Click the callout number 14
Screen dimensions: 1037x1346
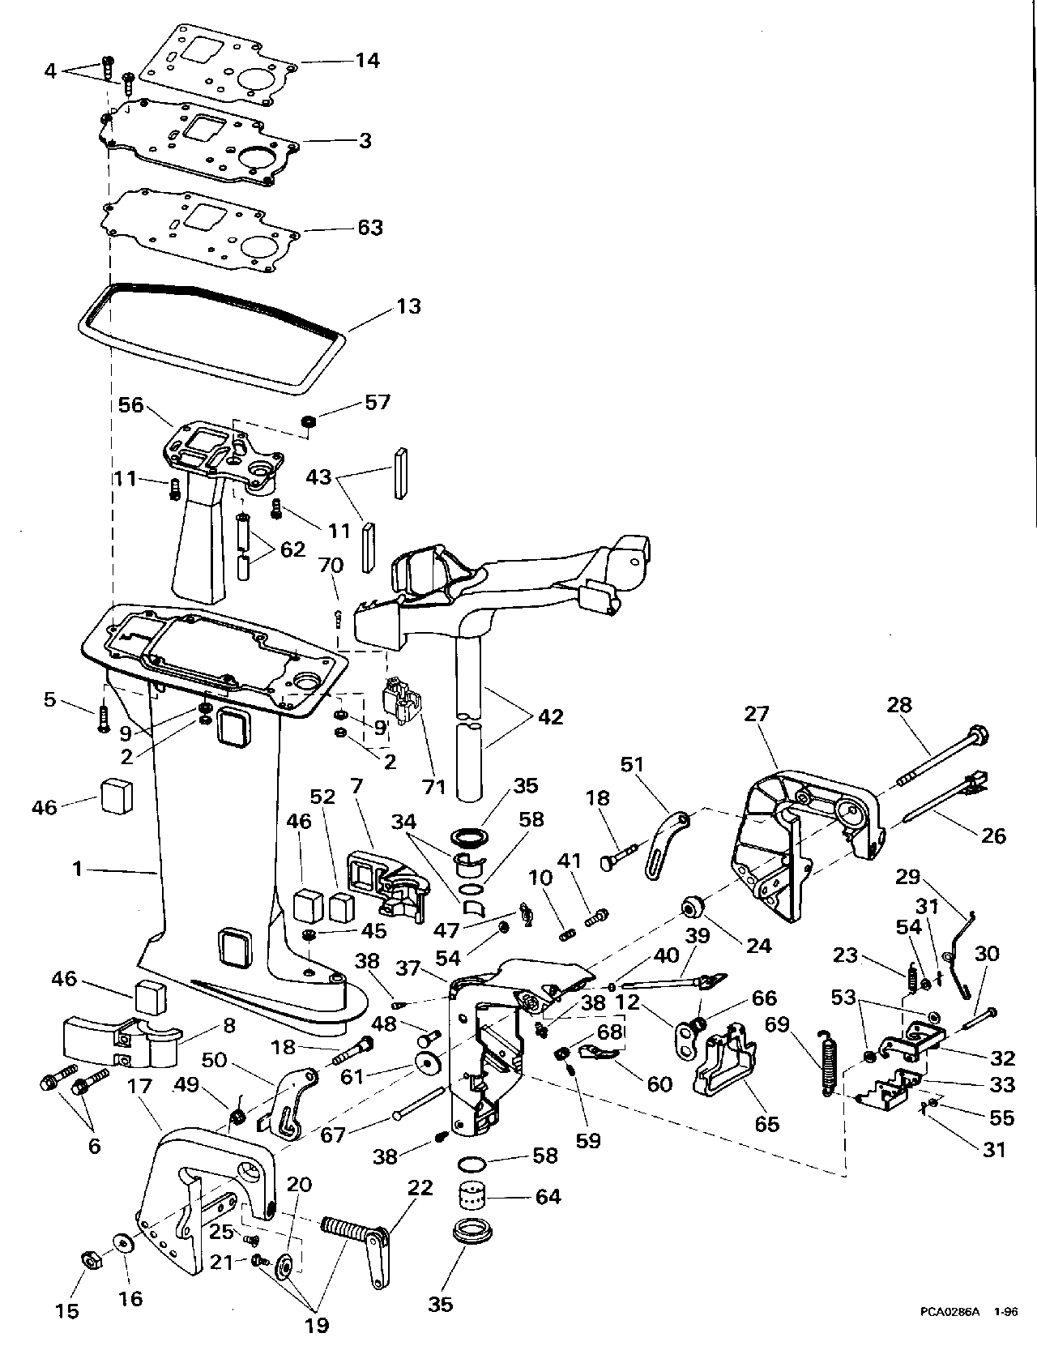pyautogui.click(x=367, y=61)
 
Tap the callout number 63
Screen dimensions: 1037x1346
pyautogui.click(x=370, y=228)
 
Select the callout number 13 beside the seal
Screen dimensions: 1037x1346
pyautogui.click(x=408, y=306)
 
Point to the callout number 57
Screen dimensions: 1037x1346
pyautogui.click(x=378, y=403)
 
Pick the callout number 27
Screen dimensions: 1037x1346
pyautogui.click(x=756, y=714)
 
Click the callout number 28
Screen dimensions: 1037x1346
pyautogui.click(x=899, y=705)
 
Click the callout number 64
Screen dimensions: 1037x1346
pyautogui.click(x=548, y=1197)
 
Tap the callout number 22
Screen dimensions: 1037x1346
pyautogui.click(x=420, y=1188)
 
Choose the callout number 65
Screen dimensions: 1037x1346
pyautogui.click(x=766, y=1124)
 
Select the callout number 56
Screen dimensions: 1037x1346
pyautogui.click(x=130, y=405)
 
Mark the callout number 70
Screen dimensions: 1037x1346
pyautogui.click(x=331, y=565)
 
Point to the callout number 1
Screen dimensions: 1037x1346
pyautogui.click(x=78, y=869)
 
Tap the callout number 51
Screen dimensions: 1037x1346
pyautogui.click(x=632, y=764)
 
